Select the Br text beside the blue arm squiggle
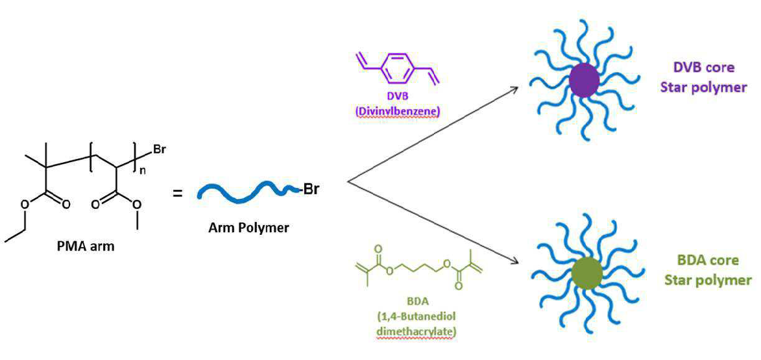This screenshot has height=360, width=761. pos(311,189)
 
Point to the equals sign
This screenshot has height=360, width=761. pos(178,193)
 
